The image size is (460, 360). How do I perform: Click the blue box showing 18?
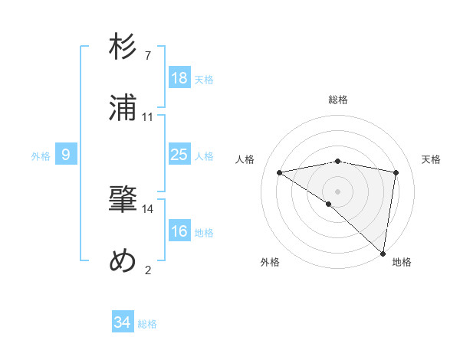pyautogui.click(x=179, y=78)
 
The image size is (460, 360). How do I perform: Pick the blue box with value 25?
pyautogui.click(x=179, y=155)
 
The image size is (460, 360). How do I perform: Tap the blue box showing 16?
pyautogui.click(x=179, y=231)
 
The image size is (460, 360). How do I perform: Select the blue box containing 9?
pyautogui.click(x=66, y=155)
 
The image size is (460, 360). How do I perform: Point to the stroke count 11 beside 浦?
pyautogui.click(x=148, y=116)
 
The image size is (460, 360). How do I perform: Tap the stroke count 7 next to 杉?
pyautogui.click(x=148, y=56)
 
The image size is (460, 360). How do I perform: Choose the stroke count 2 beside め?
pyautogui.click(x=148, y=270)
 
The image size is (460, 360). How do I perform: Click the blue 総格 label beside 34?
pyautogui.click(x=147, y=324)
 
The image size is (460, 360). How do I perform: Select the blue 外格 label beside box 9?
pyautogui.click(x=41, y=156)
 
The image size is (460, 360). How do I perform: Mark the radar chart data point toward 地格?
pyautogui.click(x=383, y=254)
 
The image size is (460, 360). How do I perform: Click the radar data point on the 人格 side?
pyautogui.click(x=280, y=172)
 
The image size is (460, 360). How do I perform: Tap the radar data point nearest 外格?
pyautogui.click(x=329, y=204)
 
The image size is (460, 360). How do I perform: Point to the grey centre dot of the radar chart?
pyautogui.click(x=337, y=191)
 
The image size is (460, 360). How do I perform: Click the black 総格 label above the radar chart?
pyautogui.click(x=338, y=100)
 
